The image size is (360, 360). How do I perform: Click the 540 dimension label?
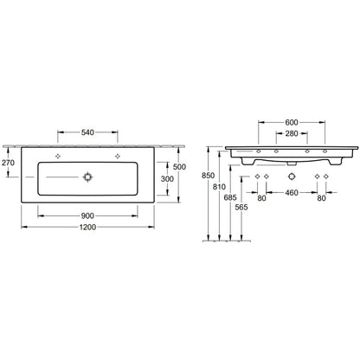coord(87,132)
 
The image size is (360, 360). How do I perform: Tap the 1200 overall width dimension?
coord(87,227)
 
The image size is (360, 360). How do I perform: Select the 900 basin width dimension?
coord(87,215)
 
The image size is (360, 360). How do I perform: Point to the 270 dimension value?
coord(8,163)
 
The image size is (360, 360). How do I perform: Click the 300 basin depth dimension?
coord(167,179)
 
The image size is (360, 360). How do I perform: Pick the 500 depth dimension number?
coord(179,167)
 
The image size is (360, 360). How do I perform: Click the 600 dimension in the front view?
coord(292,122)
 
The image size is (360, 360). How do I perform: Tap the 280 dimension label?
coord(292,133)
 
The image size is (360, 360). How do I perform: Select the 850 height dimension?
coord(208,176)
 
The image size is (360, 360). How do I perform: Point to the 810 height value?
coord(219,187)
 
